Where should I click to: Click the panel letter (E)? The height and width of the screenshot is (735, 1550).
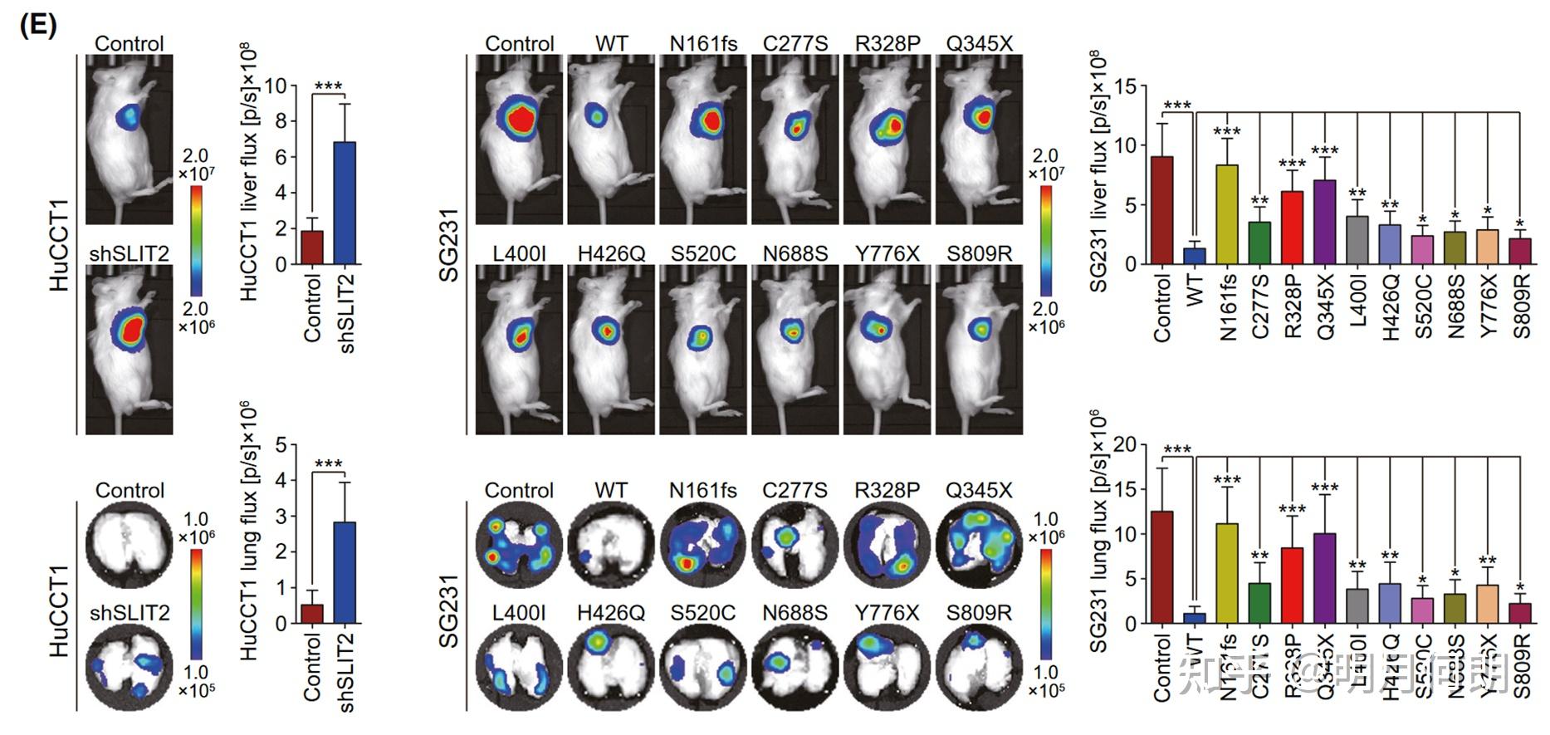click(37, 26)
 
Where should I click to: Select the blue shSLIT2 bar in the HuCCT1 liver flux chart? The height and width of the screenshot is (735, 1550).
click(345, 203)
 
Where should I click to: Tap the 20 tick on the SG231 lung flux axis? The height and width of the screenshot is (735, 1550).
click(1124, 445)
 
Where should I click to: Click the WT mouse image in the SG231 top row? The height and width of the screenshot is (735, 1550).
click(611, 140)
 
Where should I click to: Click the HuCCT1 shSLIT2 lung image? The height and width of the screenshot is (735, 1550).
click(130, 669)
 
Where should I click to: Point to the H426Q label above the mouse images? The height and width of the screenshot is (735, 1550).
click(611, 253)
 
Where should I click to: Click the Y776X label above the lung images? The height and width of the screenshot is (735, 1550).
click(887, 613)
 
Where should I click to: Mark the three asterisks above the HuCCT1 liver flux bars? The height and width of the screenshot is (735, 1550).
click(328, 86)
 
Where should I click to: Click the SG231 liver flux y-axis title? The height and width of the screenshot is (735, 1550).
click(1098, 170)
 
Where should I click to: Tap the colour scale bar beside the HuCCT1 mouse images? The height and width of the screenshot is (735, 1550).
click(196, 241)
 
